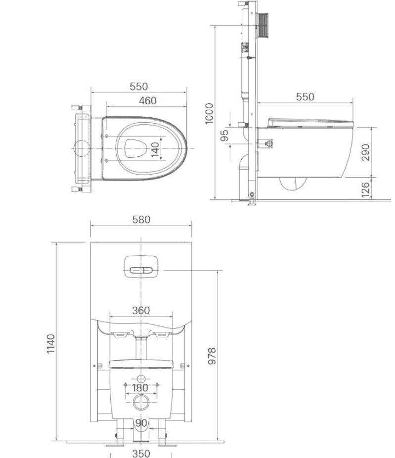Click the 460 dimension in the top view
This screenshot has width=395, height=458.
(147, 100)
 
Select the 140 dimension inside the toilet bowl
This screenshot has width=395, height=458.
(155, 150)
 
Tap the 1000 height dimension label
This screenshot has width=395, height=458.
(209, 113)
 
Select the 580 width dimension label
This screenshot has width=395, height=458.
(140, 219)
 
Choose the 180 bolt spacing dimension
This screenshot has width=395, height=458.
(140, 388)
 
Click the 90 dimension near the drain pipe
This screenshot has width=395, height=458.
(141, 423)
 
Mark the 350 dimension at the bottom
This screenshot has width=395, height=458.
(141, 453)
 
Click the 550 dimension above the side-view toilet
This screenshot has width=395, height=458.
(305, 97)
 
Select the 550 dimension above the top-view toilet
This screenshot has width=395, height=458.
(139, 87)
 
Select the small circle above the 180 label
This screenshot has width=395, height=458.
(141, 377)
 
